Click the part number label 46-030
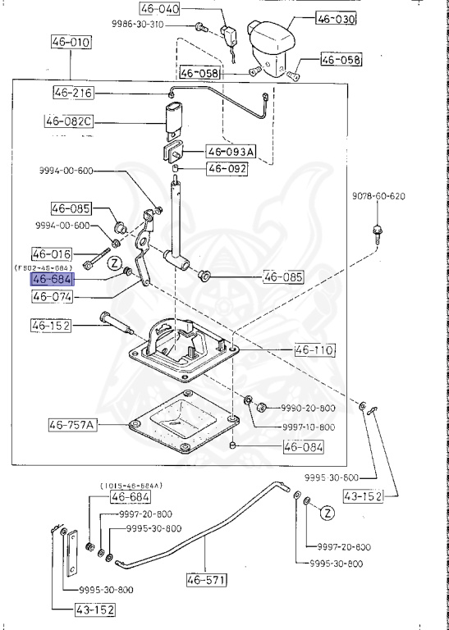[336, 19]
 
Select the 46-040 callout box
[159, 8]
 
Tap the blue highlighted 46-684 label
[53, 279]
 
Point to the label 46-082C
[68, 121]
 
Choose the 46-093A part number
[231, 152]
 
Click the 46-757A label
[73, 425]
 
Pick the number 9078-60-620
[378, 196]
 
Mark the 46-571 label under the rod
[207, 580]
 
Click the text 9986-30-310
[137, 25]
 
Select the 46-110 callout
[314, 350]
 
